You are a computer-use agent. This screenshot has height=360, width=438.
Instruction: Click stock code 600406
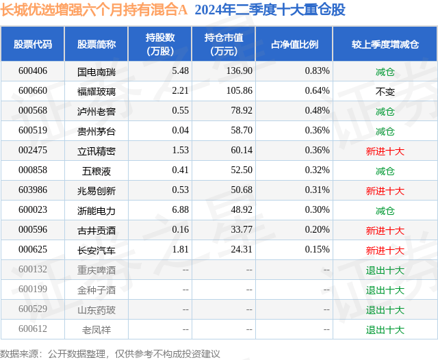[x=33, y=71]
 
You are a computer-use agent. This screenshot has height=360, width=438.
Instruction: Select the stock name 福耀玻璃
[x=96, y=91]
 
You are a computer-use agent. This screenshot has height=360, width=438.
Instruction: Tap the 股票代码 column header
[x=33, y=44]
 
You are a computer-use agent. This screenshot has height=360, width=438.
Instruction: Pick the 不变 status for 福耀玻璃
[x=385, y=91]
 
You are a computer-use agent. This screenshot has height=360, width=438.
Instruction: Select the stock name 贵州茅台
[x=96, y=131]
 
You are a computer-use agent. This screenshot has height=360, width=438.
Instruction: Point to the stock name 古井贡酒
[x=96, y=231]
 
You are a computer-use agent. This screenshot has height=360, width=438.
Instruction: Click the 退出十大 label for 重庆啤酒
[x=385, y=270]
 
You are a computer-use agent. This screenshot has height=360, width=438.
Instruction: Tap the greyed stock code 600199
[x=33, y=290]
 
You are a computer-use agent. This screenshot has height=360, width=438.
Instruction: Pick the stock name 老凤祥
[x=96, y=330]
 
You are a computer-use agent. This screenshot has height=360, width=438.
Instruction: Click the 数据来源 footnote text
[x=110, y=354]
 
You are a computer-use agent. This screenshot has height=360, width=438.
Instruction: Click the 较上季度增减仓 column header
[x=385, y=44]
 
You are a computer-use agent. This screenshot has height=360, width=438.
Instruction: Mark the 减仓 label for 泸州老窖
[x=385, y=111]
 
